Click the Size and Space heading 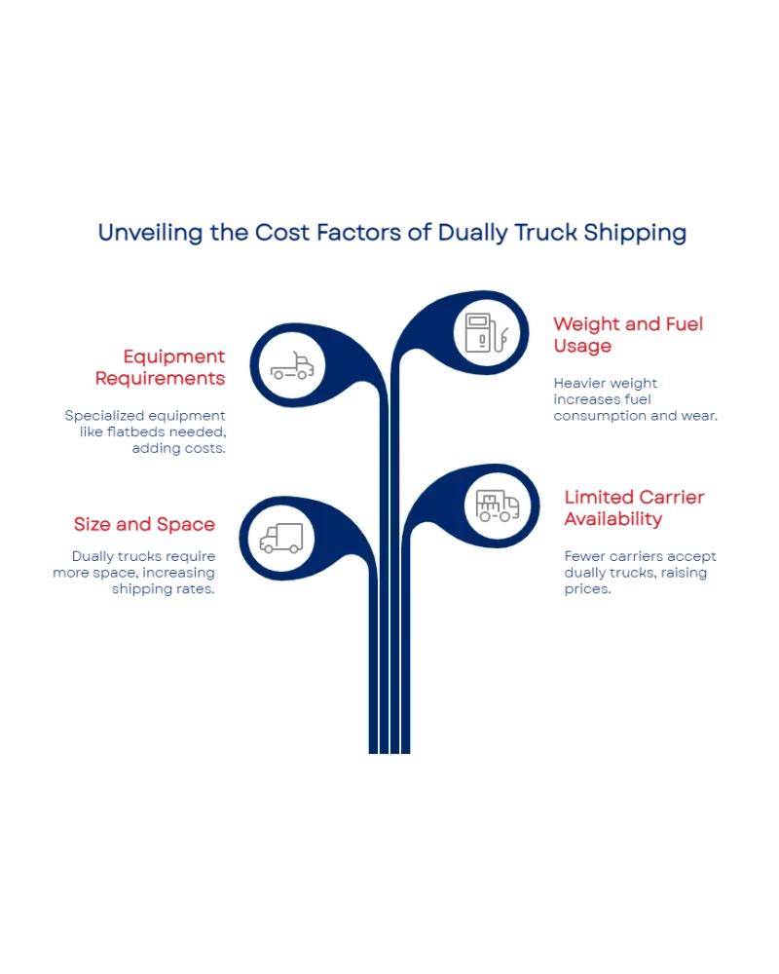click(x=143, y=524)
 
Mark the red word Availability click(x=614, y=520)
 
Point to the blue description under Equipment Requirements click(x=145, y=432)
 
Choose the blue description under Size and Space click(x=134, y=573)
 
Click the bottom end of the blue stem click(x=389, y=750)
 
